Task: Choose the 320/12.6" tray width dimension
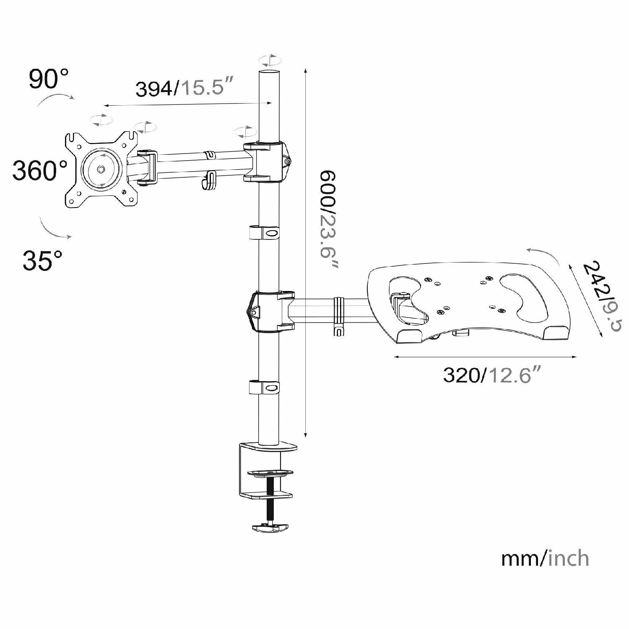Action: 491,374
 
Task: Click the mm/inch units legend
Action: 545,559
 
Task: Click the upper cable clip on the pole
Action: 265,232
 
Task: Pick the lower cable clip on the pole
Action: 265,387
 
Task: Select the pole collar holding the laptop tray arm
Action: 270,311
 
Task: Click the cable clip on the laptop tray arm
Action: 339,314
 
